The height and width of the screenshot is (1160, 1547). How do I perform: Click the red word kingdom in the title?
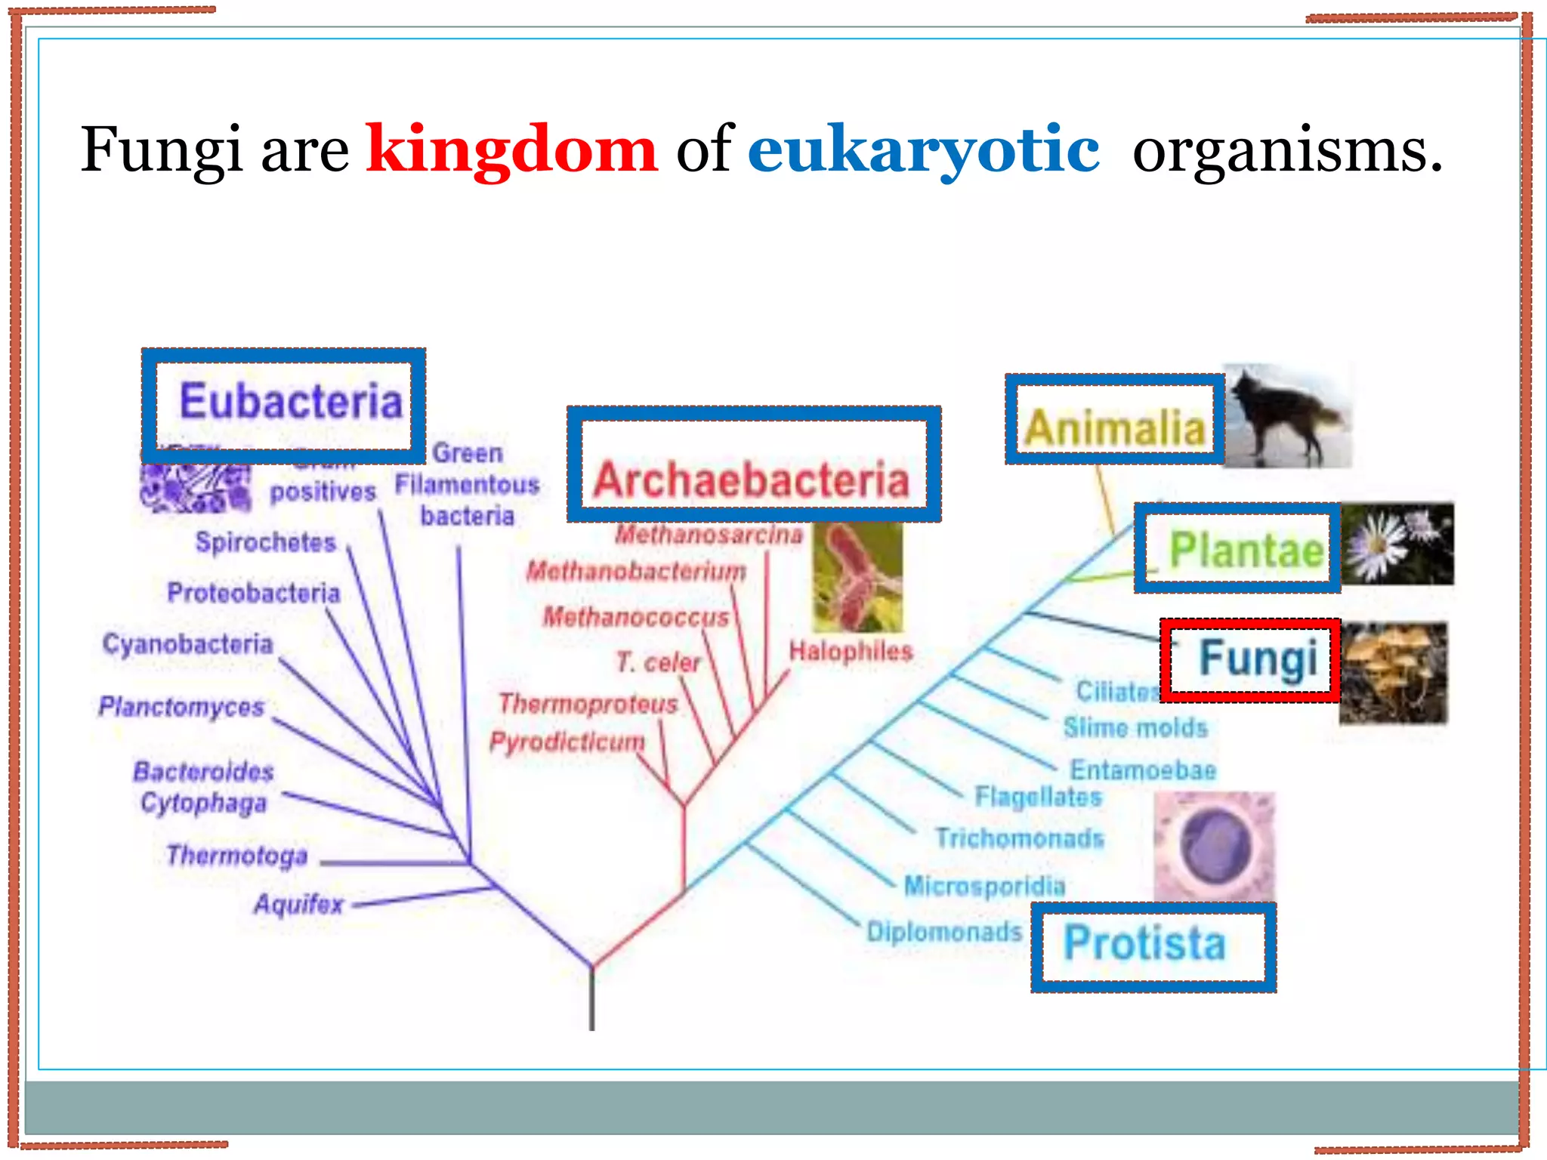click(x=511, y=150)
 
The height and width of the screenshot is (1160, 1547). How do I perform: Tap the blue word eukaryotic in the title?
click(x=923, y=150)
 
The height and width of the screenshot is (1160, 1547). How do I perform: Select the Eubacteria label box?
click(x=284, y=406)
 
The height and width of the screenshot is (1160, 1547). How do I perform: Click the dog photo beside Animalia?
click(x=1287, y=415)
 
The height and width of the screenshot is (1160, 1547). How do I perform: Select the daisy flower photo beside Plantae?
click(x=1397, y=544)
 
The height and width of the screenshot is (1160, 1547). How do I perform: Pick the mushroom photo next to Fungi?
click(x=1394, y=672)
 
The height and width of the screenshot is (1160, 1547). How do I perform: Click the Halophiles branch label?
click(x=851, y=651)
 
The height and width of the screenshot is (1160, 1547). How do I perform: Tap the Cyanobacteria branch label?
click(x=187, y=644)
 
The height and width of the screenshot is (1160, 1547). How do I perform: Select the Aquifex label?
click(x=298, y=904)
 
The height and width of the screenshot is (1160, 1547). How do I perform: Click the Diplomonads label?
click(x=944, y=932)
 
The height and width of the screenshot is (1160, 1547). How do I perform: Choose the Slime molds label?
click(x=1135, y=728)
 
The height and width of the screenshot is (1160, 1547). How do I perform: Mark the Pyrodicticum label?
click(x=567, y=742)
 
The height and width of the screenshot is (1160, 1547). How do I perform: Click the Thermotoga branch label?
click(x=237, y=856)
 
